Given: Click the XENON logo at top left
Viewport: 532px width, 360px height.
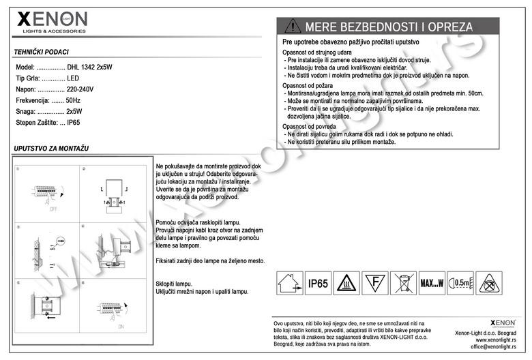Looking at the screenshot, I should pos(52,21).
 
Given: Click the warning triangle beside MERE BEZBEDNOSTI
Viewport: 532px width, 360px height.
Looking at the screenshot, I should pos(292,27).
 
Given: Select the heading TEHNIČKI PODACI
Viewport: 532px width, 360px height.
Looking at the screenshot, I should pos(41,52).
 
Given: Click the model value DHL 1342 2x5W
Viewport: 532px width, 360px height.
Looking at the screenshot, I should pos(90,67).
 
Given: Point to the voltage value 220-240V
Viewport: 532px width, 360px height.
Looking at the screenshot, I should pos(80,89).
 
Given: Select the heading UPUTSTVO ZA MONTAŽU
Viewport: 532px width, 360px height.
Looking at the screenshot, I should pos(52,148).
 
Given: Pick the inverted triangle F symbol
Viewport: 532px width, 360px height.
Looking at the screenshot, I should pos(373,282).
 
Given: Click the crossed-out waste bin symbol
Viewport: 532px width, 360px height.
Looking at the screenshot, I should pos(402,283).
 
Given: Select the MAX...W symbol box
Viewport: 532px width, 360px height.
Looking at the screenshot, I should pos(431,283).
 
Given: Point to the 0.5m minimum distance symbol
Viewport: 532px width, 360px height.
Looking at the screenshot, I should pos(461,282).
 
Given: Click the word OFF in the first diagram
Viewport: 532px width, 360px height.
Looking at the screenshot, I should pos(53,210).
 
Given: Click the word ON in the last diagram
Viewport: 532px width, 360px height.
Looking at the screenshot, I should pos(121,327).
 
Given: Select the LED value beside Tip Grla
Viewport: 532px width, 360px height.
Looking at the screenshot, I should pos(73,78).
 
